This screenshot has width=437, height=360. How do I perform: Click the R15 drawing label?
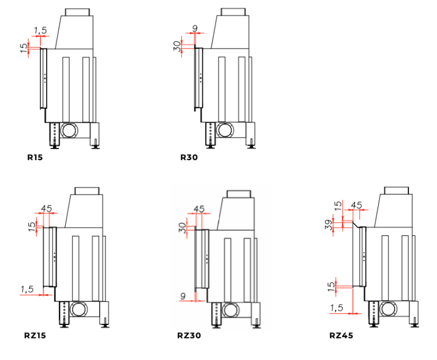tap(35, 157)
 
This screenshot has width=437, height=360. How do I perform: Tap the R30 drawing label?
tap(189, 157)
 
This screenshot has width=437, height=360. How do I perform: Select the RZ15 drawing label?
tap(35, 335)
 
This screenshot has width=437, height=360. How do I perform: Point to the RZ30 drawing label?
tap(189, 335)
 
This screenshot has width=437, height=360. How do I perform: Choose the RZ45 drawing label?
tap(341, 335)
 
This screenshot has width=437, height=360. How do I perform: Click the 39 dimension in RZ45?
tap(329, 225)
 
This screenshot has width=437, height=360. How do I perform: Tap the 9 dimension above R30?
tap(195, 28)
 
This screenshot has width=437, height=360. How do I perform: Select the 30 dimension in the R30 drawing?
tap(177, 46)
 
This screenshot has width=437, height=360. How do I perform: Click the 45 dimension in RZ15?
tap(47, 208)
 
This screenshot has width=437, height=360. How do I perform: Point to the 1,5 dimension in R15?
tap(40, 30)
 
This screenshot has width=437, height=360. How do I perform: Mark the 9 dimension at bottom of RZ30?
tap(183, 296)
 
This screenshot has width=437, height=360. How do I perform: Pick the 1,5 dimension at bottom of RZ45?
tap(336, 308)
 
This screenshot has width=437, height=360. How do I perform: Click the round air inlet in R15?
tap(69, 130)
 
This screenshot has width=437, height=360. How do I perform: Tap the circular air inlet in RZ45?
tap(387, 309)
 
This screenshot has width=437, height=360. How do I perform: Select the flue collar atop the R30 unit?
tap(233, 12)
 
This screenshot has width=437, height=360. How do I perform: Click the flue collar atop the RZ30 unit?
tap(239, 194)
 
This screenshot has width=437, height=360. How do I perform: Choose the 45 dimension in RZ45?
tap(357, 206)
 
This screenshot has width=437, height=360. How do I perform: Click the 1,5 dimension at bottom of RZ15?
tap(27, 290)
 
